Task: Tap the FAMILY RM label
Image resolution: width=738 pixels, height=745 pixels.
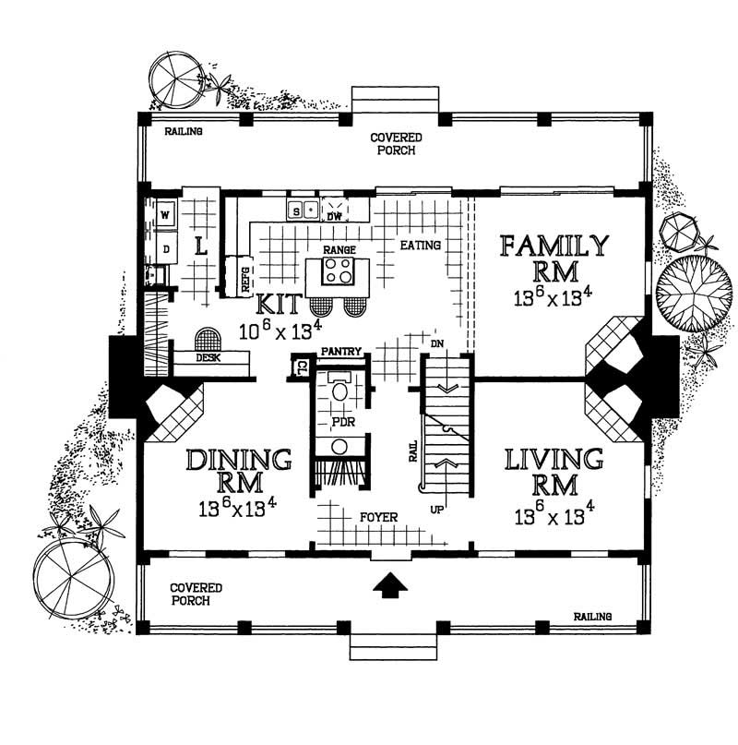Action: [x=553, y=259]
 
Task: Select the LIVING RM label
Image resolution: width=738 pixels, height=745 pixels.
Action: [x=553, y=472]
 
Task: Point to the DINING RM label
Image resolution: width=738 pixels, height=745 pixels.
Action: [x=239, y=472]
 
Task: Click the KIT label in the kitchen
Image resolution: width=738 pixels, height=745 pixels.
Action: [x=277, y=305]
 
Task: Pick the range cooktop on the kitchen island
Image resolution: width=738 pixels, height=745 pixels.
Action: [x=338, y=271]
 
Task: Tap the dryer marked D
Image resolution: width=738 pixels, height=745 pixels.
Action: [x=166, y=248]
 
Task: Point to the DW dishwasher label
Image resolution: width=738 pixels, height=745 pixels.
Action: [x=337, y=216]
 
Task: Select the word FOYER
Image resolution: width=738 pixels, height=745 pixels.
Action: [x=378, y=518]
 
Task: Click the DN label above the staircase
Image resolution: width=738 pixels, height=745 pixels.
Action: [x=437, y=343]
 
